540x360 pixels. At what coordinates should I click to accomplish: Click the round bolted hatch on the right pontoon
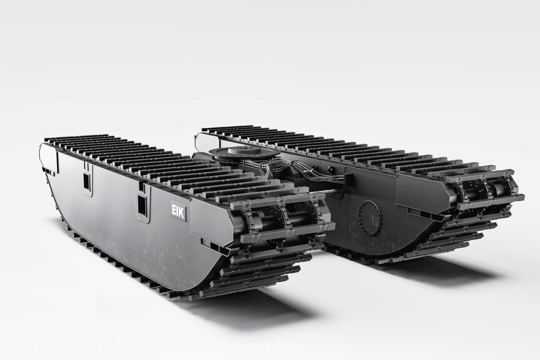(369, 218)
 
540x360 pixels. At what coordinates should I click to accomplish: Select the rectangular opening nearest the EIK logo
(142, 205)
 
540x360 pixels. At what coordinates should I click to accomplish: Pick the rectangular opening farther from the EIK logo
(86, 181)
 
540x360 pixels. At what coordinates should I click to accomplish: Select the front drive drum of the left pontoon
(279, 220)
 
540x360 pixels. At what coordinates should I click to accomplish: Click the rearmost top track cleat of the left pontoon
(76, 136)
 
